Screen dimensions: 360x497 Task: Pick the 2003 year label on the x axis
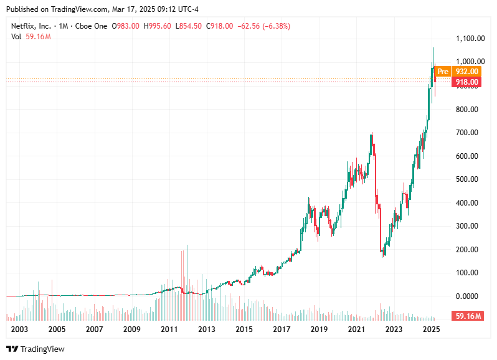19,328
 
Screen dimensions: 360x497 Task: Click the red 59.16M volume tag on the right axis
468,316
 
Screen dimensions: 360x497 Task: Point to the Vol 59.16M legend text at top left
31,37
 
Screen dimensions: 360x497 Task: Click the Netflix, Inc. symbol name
31,26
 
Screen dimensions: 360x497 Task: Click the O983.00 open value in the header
125,26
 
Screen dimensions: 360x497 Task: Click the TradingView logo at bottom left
35,349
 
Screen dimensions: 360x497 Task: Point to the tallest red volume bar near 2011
186,280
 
